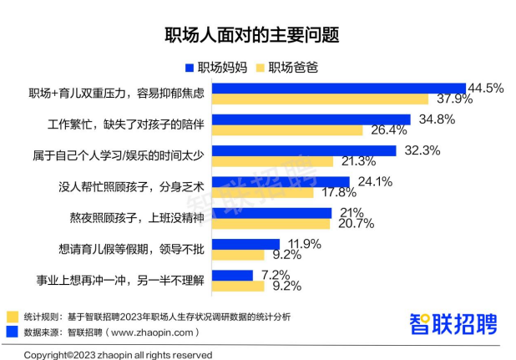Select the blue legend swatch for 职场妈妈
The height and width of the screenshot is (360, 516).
pos(190,68)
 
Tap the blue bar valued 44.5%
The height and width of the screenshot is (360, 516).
pos(340,88)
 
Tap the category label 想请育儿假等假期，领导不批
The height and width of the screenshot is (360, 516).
pos(134,248)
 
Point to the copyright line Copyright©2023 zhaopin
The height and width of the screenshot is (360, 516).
pos(116,354)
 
